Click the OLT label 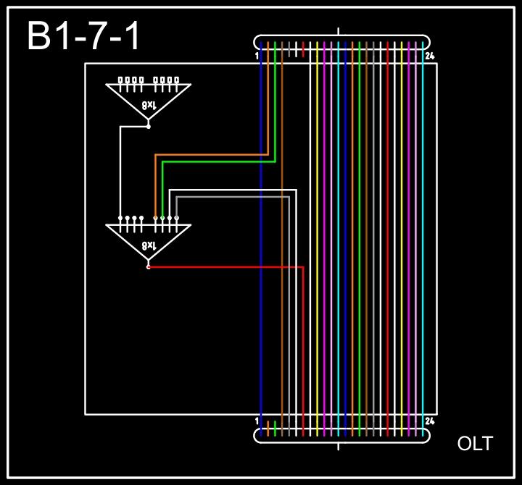click(475, 444)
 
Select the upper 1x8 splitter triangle click(148, 98)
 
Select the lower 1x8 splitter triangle click(148, 238)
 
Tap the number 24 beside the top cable click(430, 56)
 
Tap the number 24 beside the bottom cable click(430, 421)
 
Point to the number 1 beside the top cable click(257, 56)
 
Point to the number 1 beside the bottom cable click(257, 421)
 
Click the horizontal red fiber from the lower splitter click(225, 266)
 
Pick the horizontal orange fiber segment click(210, 154)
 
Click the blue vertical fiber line click(260, 290)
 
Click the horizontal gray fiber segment click(232, 196)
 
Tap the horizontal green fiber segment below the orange click(217, 162)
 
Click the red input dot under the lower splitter click(148, 267)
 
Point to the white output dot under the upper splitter click(148, 127)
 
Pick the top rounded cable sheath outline click(341, 36)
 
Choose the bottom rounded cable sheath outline click(341, 441)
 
